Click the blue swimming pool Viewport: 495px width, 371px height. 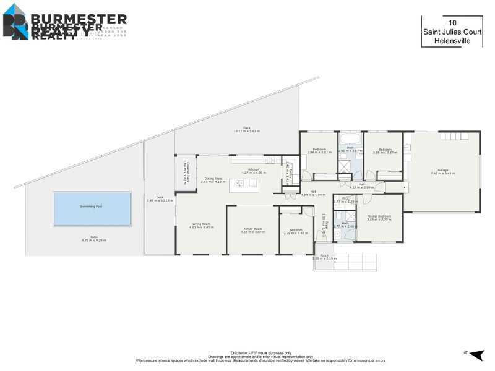pyautogui.click(x=92, y=208)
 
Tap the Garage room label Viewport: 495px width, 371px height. pyautogui.click(x=442, y=170)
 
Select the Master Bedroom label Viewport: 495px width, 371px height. pyautogui.click(x=379, y=216)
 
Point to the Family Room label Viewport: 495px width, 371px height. pyautogui.click(x=252, y=229)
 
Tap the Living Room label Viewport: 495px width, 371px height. pyautogui.click(x=201, y=224)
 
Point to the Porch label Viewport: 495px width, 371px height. pyautogui.click(x=324, y=255)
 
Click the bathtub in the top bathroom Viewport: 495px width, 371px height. pyautogui.click(x=351, y=137)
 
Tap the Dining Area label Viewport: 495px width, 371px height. pyautogui.click(x=213, y=179)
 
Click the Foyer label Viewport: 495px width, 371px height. pyautogui.click(x=324, y=219)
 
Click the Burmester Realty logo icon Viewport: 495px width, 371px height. pyautogui.click(x=15, y=22)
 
